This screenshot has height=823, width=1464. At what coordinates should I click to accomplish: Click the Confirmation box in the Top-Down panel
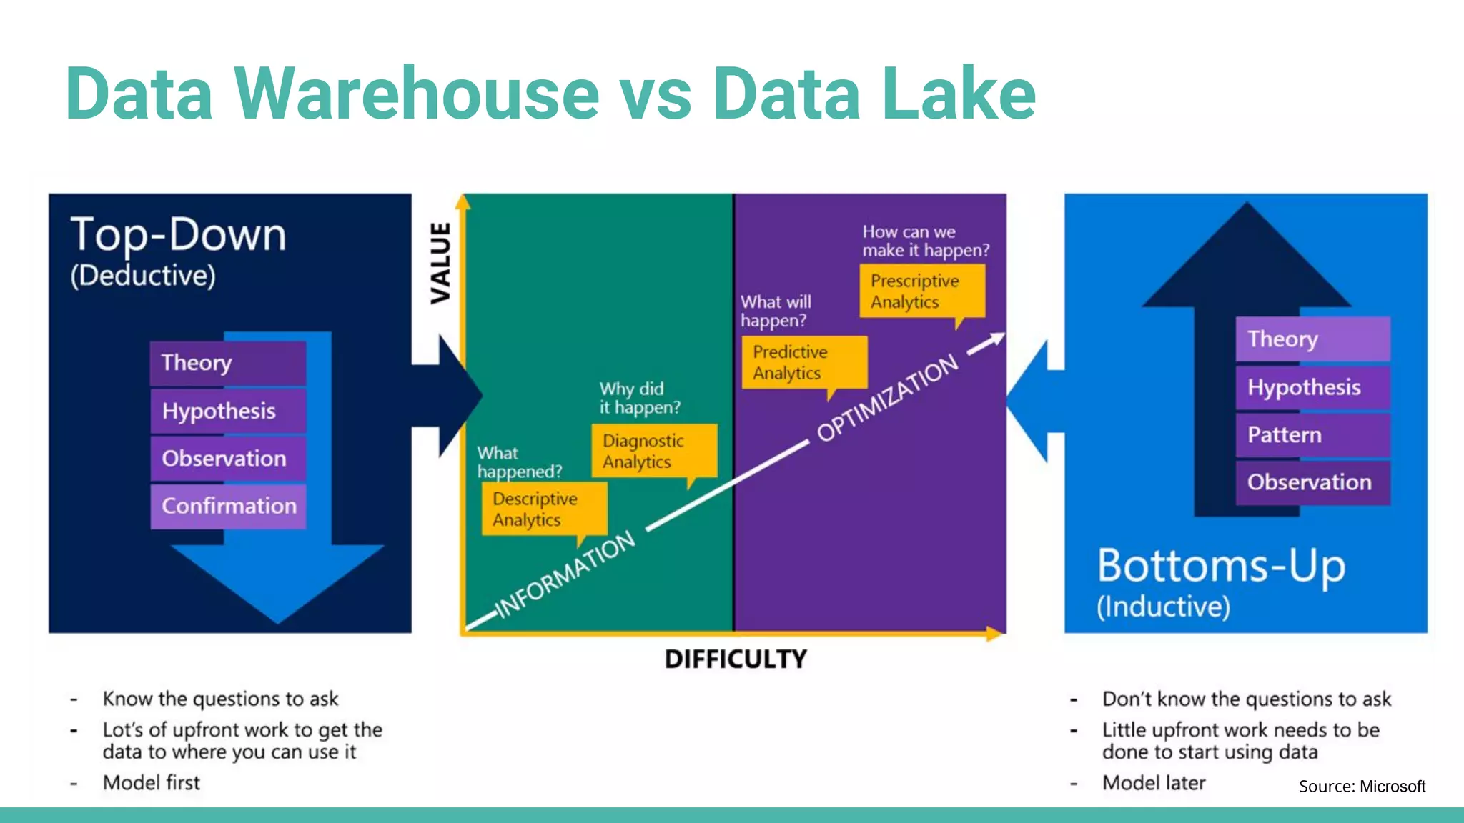click(x=228, y=506)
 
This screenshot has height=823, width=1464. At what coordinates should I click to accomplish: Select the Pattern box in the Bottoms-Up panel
click(x=1312, y=434)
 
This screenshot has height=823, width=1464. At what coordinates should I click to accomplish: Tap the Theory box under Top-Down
click(x=228, y=363)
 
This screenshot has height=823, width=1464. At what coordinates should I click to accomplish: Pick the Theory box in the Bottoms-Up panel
click(x=1312, y=339)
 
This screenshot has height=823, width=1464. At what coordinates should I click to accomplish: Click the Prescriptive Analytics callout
click(x=921, y=291)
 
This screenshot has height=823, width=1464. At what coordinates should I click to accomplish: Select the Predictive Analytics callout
click(x=804, y=362)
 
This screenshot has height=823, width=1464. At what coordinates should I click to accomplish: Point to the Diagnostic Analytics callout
click(x=653, y=451)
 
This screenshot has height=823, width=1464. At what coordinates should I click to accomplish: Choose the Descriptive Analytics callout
click(x=544, y=509)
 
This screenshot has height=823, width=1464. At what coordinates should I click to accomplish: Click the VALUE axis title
click(x=441, y=263)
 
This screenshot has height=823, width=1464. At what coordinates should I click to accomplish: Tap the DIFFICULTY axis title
click(x=736, y=659)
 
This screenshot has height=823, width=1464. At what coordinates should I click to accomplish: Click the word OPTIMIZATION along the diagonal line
click(x=888, y=397)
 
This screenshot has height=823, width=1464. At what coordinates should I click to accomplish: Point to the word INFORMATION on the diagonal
click(x=565, y=574)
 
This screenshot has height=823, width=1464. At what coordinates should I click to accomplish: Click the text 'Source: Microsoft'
click(x=1362, y=787)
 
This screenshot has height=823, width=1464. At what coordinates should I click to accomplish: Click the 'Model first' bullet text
click(x=152, y=783)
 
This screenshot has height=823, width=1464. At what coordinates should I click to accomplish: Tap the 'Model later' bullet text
click(x=1154, y=783)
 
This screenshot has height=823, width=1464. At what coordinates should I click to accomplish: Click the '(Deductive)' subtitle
click(x=143, y=276)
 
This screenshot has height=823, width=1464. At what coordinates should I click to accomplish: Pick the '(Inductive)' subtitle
click(x=1163, y=607)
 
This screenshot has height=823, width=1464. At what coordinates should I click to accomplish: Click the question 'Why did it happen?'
click(x=639, y=398)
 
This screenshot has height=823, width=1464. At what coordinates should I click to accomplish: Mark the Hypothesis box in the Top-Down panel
click(x=228, y=411)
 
